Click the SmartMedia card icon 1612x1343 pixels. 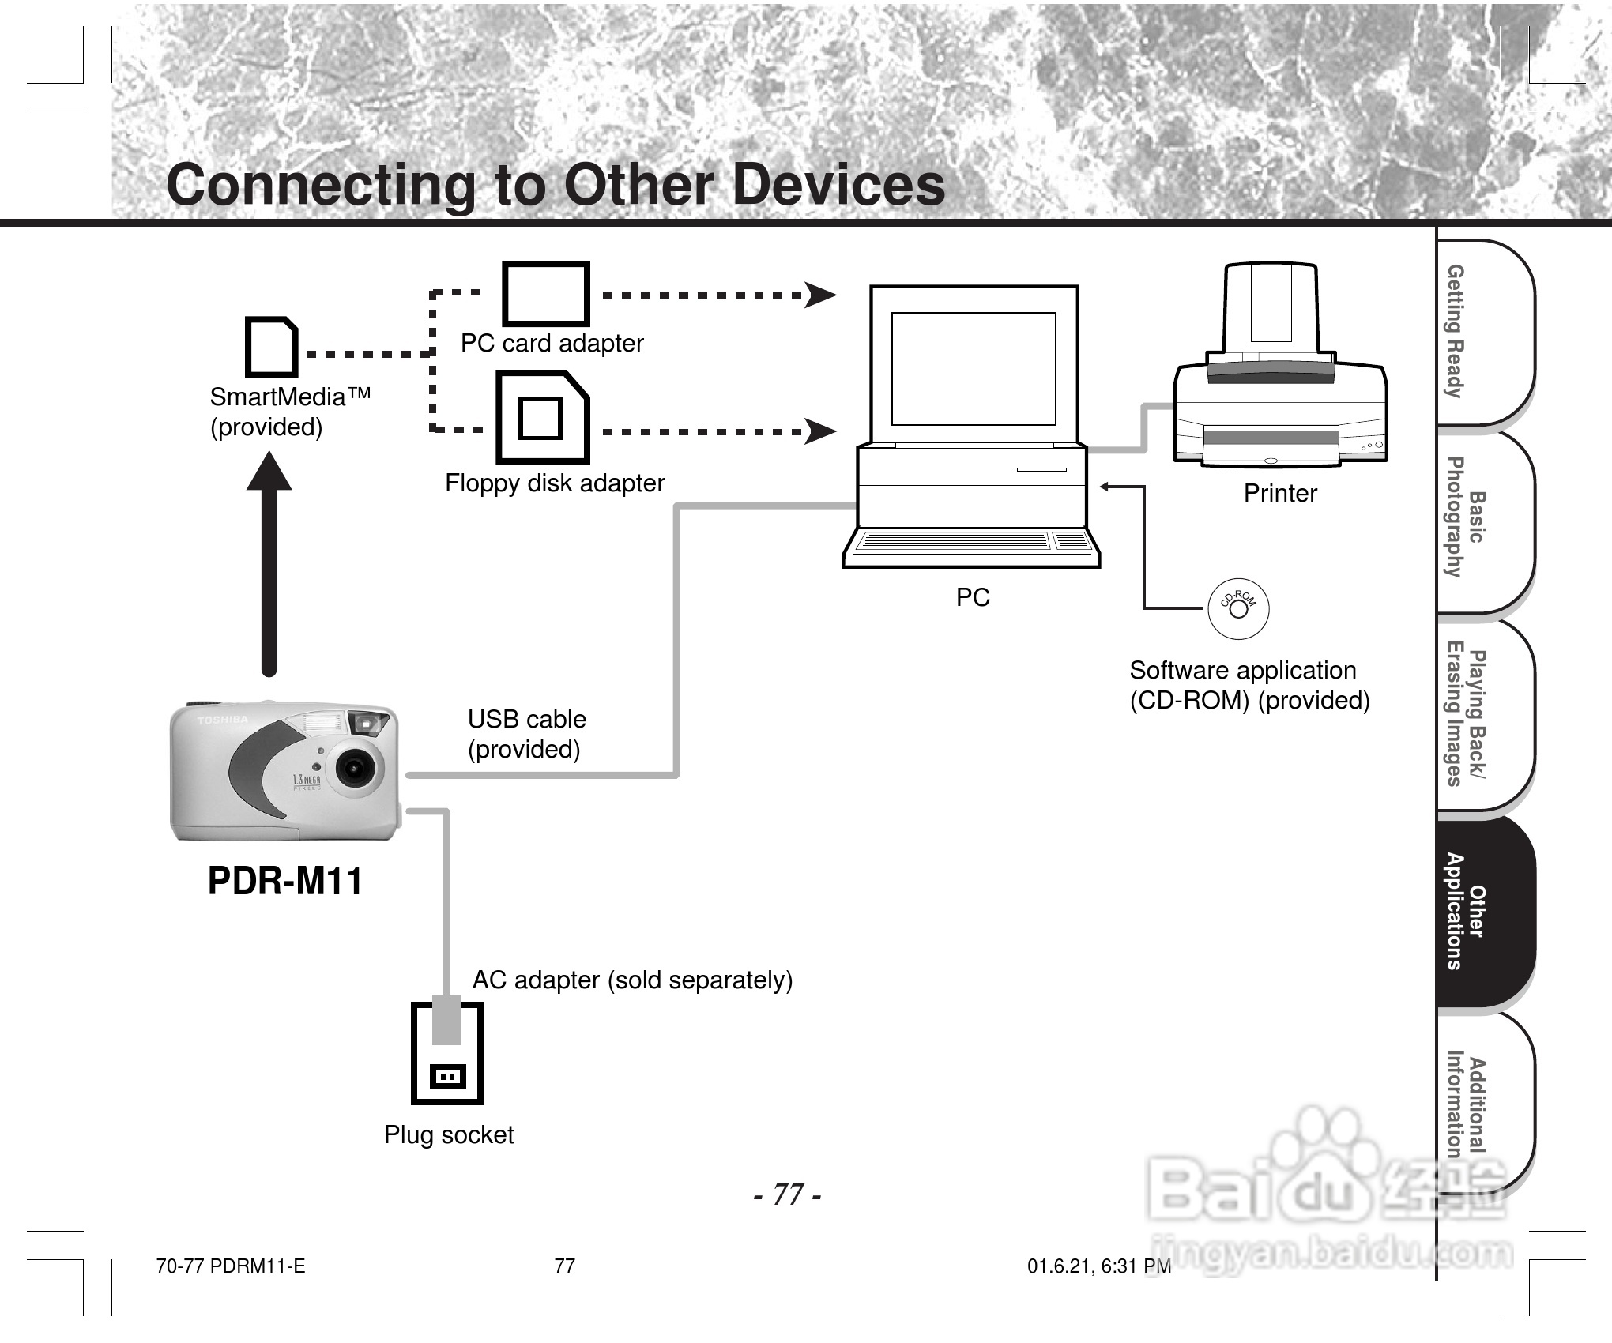(271, 347)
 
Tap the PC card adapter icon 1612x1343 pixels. (546, 294)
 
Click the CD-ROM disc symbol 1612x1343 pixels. (1238, 609)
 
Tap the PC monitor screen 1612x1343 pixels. (974, 368)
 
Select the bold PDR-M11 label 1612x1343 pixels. (284, 881)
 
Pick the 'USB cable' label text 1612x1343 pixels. (526, 720)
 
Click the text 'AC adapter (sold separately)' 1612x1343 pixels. (632, 980)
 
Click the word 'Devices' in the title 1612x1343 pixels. (839, 185)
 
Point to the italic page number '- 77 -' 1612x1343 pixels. (787, 1194)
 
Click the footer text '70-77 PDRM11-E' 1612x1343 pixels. (231, 1266)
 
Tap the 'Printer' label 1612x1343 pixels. (1280, 494)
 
